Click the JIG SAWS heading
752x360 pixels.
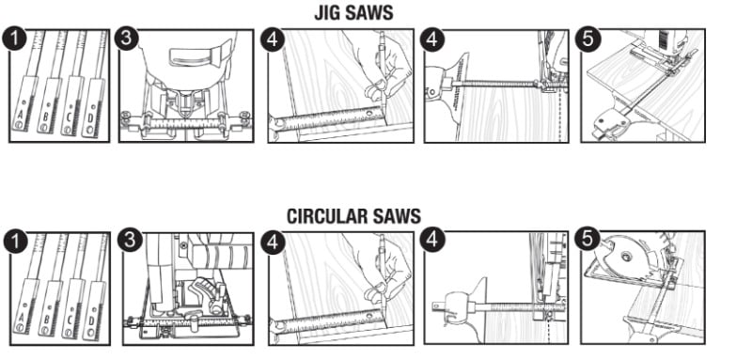point(354,13)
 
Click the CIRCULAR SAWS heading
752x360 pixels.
point(354,216)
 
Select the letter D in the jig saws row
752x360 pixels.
point(89,118)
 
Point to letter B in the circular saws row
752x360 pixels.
point(46,319)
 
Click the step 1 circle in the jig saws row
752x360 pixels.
point(14,39)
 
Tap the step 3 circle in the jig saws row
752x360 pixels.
point(126,39)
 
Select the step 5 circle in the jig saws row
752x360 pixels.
point(587,39)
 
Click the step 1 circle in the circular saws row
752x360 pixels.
point(15,242)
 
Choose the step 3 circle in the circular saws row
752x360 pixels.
point(130,240)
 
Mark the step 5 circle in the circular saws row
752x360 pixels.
point(587,240)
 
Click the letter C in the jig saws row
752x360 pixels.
point(69,117)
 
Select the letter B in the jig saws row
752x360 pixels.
point(45,117)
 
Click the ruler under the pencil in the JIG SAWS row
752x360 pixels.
point(327,121)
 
